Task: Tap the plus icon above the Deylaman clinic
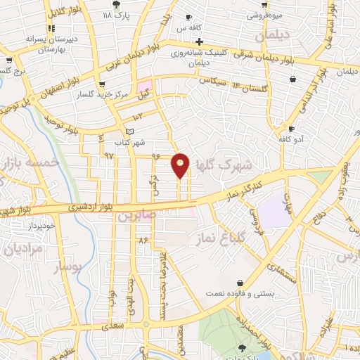(181, 41)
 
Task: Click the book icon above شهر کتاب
(128, 131)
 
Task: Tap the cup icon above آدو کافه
(292, 129)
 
